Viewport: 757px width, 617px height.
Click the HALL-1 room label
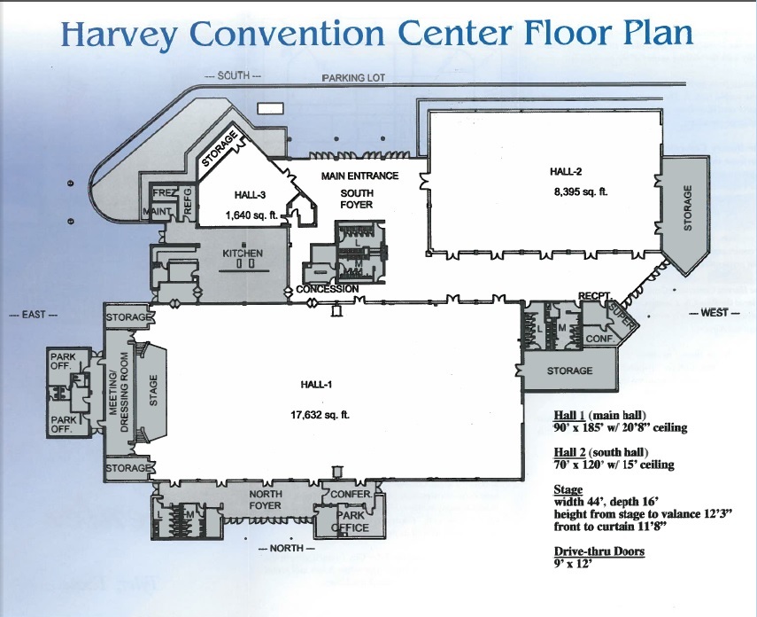(316, 385)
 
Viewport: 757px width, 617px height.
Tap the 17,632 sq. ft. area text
(321, 414)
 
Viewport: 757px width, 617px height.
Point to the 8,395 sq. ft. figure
(581, 191)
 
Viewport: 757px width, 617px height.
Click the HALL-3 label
(250, 195)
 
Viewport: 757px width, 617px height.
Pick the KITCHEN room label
(243, 254)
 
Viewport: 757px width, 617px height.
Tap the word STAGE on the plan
(153, 391)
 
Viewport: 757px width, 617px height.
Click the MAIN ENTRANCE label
(360, 176)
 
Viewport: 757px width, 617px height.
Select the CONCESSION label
(328, 289)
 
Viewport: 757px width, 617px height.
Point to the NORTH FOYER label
(265, 499)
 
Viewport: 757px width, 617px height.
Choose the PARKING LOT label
(354, 78)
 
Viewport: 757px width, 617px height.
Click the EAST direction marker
(34, 315)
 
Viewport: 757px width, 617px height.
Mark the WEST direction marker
(715, 313)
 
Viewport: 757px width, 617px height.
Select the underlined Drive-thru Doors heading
(599, 551)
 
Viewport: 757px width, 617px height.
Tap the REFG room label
(188, 200)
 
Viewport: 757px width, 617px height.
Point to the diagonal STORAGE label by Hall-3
(220, 149)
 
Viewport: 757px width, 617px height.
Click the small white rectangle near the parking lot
(267, 108)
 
